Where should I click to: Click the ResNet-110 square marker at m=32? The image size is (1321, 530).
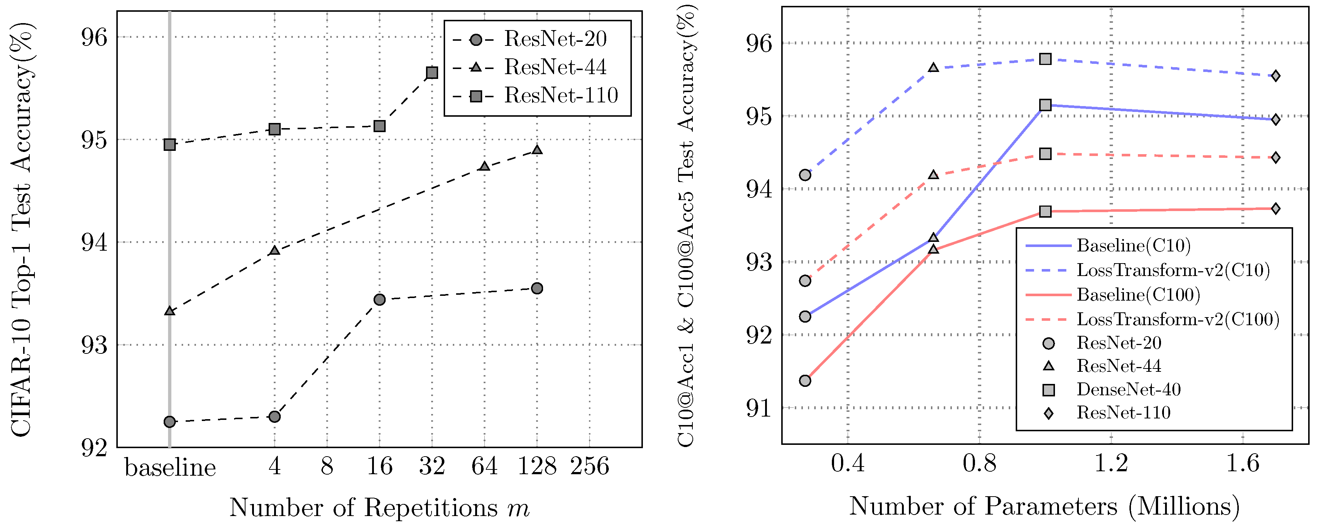[432, 73]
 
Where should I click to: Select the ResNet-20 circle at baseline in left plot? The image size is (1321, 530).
[170, 422]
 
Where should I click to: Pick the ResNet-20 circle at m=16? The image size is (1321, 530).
[379, 300]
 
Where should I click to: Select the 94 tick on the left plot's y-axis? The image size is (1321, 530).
[95, 242]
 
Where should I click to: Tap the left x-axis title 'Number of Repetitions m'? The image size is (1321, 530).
[379, 508]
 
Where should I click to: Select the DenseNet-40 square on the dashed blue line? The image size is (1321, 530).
[1045, 59]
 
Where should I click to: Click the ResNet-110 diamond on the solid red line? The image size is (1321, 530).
[1275, 209]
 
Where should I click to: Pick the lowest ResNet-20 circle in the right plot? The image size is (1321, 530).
[805, 381]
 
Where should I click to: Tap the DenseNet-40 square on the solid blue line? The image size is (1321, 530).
[1045, 105]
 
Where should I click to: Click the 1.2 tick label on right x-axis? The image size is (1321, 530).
[1111, 464]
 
